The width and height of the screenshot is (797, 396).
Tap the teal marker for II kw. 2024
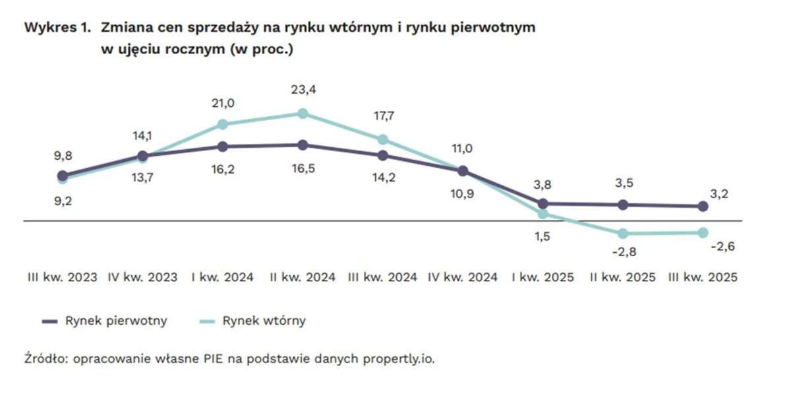point(303,114)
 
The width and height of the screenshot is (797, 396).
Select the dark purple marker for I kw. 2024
point(222,147)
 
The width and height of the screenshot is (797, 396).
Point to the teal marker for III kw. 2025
point(703,232)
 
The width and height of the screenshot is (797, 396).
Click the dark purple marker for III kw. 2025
point(703,207)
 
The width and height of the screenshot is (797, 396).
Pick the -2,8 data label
point(624,252)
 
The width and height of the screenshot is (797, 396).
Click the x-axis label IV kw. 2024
point(463,278)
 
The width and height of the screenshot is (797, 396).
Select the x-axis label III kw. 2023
point(62,278)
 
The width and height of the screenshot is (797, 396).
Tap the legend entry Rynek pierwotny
point(116,321)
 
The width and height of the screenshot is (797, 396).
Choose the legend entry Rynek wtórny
point(264,321)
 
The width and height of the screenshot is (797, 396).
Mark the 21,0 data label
point(222,103)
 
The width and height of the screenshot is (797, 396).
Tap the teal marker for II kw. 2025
point(623,233)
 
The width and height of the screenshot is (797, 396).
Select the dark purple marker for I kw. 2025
point(543,203)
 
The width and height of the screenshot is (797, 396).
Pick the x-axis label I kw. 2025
point(543,278)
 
